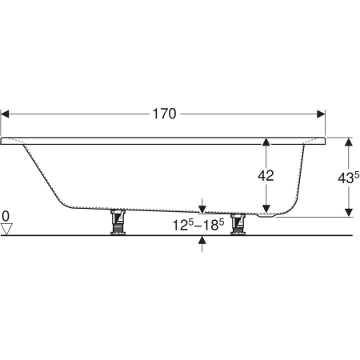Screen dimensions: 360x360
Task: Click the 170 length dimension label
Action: (164, 114)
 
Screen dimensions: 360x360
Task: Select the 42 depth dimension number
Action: (266, 176)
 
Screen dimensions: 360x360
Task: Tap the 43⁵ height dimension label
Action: (349, 178)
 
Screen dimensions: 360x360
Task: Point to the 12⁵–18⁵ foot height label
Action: (198, 225)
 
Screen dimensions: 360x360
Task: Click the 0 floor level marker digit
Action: (6, 216)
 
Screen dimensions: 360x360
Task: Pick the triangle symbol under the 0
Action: (6, 230)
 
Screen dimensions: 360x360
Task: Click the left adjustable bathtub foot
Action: (118, 222)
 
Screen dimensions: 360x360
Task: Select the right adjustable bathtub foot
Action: (238, 224)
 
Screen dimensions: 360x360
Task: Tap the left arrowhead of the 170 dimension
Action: (5, 114)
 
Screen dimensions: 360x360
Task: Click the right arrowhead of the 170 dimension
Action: (321, 114)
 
